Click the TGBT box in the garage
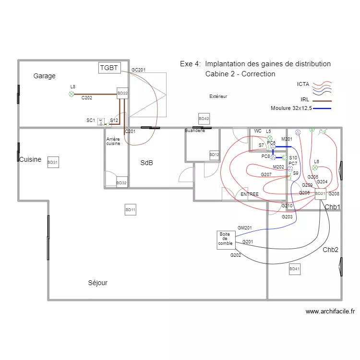pyautogui.click(x=109, y=68)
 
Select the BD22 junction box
pyautogui.click(x=122, y=93)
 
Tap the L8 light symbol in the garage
pyautogui.click(x=72, y=94)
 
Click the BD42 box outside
pyautogui.click(x=204, y=119)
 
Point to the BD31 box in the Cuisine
pyautogui.click(x=53, y=163)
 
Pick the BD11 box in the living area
pyautogui.click(x=131, y=210)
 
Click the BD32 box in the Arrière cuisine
pyautogui.click(x=122, y=183)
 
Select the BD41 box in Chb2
pyautogui.click(x=295, y=270)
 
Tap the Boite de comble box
pyautogui.click(x=226, y=240)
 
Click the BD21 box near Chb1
pyautogui.click(x=320, y=194)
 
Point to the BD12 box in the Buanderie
pyautogui.click(x=215, y=155)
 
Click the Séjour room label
pyautogui.click(x=98, y=283)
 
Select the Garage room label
pyautogui.click(x=45, y=76)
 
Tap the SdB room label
pyautogui.click(x=147, y=163)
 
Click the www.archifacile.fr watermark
pyautogui.click(x=330, y=312)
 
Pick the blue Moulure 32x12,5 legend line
pyautogui.click(x=322, y=108)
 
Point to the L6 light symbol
pyautogui.click(x=315, y=168)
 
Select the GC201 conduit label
pyautogui.click(x=138, y=70)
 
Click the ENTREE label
pyautogui.click(x=250, y=194)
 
